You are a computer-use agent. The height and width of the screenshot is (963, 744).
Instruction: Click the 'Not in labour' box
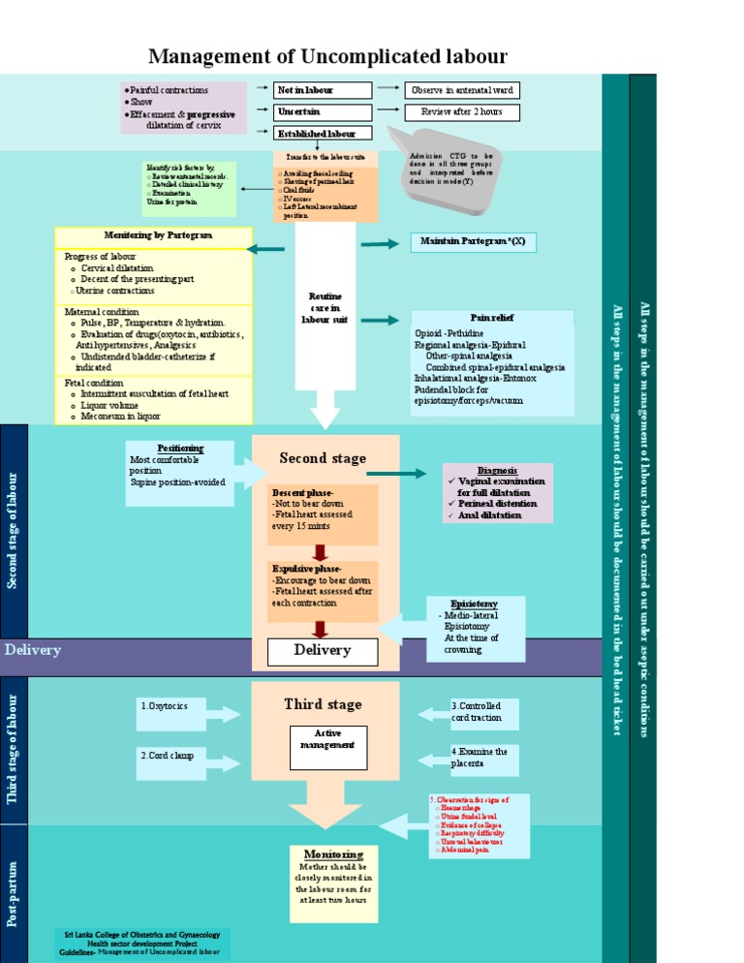pyautogui.click(x=323, y=90)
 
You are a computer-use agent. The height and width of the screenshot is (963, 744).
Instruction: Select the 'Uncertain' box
pyautogui.click(x=323, y=112)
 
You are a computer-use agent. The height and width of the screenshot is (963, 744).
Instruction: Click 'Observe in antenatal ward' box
pyautogui.click(x=461, y=90)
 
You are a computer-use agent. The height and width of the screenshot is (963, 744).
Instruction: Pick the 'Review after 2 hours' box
pyautogui.click(x=461, y=112)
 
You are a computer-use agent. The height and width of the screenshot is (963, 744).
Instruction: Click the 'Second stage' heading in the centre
pyautogui.click(x=324, y=458)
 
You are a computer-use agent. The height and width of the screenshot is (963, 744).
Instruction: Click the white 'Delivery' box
pyautogui.click(x=323, y=650)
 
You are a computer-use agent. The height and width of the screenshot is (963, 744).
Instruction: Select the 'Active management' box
pyautogui.click(x=327, y=740)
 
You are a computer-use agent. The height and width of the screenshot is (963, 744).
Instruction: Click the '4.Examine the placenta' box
pyautogui.click(x=484, y=759)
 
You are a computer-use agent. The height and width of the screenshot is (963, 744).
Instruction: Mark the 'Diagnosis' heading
pyautogui.click(x=497, y=470)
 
